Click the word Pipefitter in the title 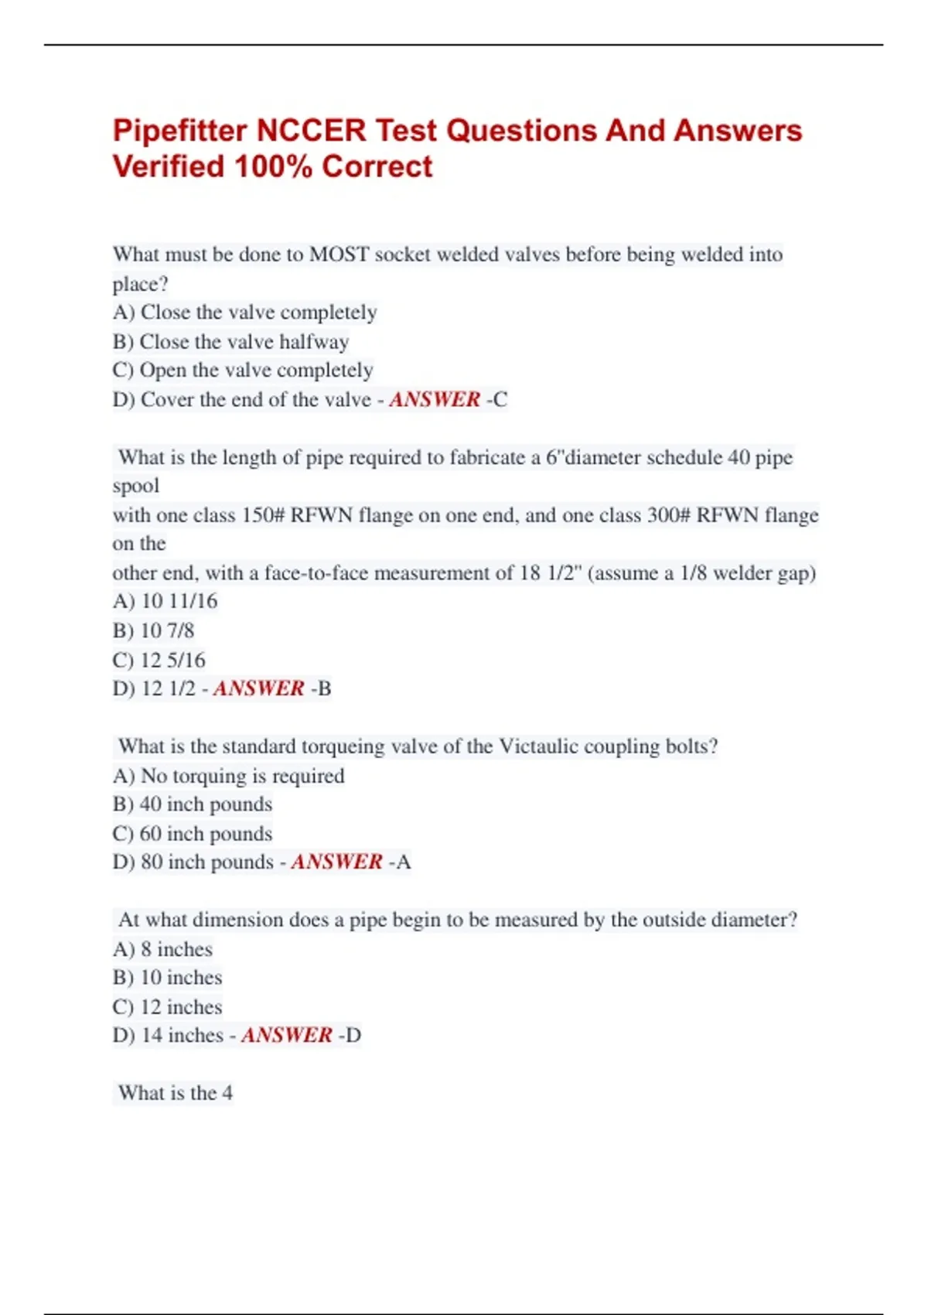coord(179,131)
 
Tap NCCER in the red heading coord(311,131)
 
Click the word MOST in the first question coord(339,254)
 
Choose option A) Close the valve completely coord(244,313)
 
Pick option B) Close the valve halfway coord(230,342)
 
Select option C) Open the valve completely coord(243,371)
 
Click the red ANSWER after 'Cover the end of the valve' coord(435,400)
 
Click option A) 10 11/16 coord(165,601)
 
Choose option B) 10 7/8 coord(153,630)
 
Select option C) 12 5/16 coord(159,660)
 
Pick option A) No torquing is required coord(228,776)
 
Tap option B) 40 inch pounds coord(193,804)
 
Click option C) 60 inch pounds coord(193,834)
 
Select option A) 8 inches coord(162,949)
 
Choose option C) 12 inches coord(167,1007)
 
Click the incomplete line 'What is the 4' coord(175,1093)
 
